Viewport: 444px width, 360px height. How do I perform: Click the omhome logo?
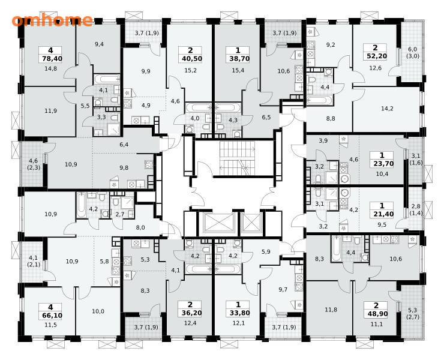tap(52, 20)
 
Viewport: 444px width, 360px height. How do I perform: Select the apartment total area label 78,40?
tap(50, 59)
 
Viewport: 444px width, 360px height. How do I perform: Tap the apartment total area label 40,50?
tap(190, 59)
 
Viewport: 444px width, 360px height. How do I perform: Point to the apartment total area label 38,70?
tap(238, 59)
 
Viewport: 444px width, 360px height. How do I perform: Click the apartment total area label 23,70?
tap(382, 163)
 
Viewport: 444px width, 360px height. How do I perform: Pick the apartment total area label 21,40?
tap(382, 214)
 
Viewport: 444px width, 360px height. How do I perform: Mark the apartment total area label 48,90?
tap(376, 314)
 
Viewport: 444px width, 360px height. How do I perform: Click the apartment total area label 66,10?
tap(50, 315)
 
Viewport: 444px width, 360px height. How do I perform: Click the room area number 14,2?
tap(387, 109)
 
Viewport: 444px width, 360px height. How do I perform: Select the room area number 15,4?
tap(238, 70)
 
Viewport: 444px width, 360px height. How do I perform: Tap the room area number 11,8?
tap(331, 310)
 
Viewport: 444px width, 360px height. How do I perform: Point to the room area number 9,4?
tap(99, 44)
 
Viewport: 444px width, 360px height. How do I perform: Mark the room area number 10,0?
tap(98, 311)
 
